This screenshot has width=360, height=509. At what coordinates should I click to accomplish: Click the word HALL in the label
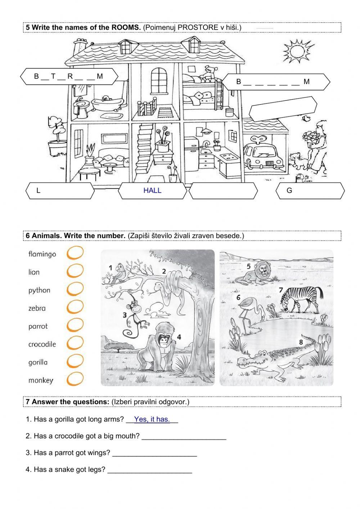pyautogui.click(x=152, y=191)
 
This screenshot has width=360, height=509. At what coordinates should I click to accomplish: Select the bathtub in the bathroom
pyautogui.click(x=107, y=103)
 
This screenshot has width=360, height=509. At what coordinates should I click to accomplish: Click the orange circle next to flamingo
pyautogui.click(x=75, y=253)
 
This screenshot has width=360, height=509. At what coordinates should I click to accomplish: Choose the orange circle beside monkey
pyautogui.click(x=75, y=379)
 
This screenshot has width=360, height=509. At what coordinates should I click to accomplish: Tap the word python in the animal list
pyautogui.click(x=39, y=290)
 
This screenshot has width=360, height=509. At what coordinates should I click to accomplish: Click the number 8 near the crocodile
pyautogui.click(x=301, y=341)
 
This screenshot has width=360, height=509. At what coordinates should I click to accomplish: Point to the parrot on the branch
pyautogui.click(x=118, y=273)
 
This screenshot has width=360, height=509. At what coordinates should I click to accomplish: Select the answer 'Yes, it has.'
pyautogui.click(x=152, y=419)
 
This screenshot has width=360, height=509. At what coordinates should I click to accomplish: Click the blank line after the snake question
pyautogui.click(x=150, y=473)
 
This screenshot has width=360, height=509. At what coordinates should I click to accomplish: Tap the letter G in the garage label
pyautogui.click(x=289, y=191)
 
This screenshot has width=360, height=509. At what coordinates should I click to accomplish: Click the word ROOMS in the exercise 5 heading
pyautogui.click(x=126, y=27)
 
